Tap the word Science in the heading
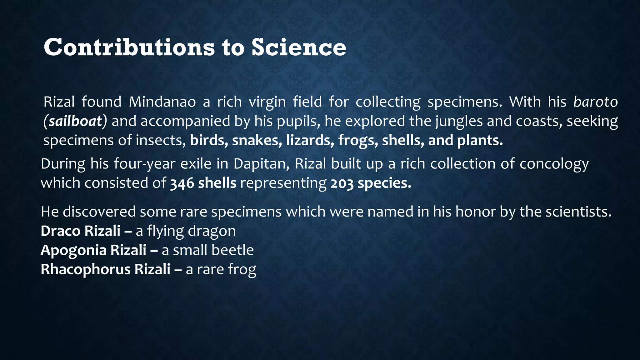(299, 47)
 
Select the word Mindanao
(162, 102)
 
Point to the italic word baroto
(595, 102)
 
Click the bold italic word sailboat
(75, 121)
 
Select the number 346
(182, 183)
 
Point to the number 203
(342, 183)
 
